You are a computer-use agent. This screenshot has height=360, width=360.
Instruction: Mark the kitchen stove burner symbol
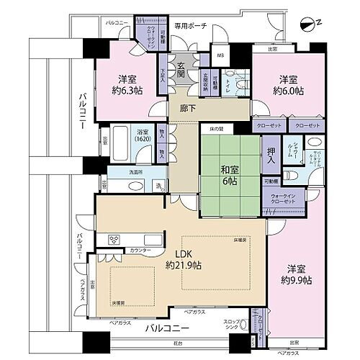pos(113,239)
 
